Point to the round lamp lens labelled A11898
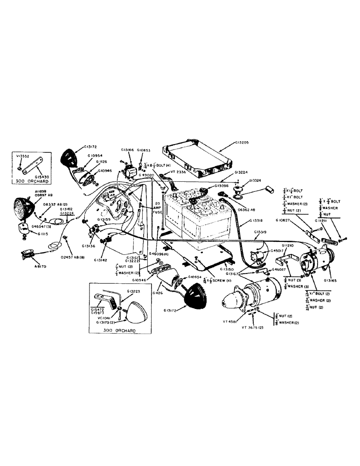tap(22, 207)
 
